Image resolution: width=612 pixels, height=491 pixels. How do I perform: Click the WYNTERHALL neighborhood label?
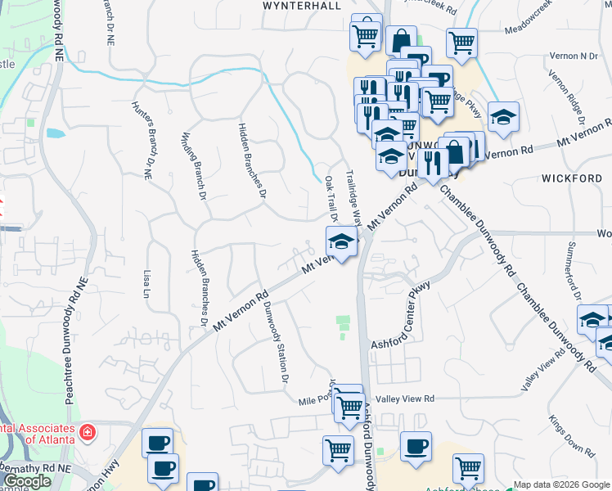[301, 5]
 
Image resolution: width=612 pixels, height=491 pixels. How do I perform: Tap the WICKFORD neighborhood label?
[571, 178]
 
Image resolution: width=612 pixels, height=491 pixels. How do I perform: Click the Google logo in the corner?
[26, 482]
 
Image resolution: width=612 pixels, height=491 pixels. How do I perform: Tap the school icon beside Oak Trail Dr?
[341, 241]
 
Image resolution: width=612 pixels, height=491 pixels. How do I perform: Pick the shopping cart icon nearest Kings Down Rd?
[468, 468]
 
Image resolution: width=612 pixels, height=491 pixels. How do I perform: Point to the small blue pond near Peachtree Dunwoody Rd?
[55, 133]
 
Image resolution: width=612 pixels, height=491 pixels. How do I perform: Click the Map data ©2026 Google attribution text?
[561, 484]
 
